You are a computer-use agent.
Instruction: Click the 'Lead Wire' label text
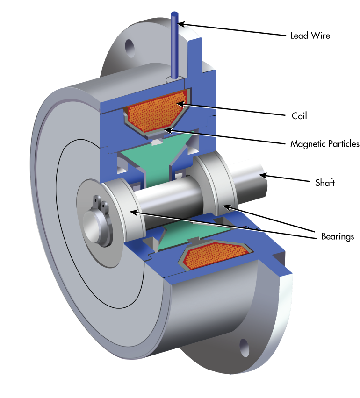[310, 36]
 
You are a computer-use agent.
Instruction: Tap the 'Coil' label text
[299, 116]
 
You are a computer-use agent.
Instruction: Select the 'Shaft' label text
[324, 183]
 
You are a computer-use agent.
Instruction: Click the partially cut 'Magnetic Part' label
[317, 144]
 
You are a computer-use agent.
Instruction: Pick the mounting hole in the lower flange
[245, 348]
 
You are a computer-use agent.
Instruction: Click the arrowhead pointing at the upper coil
[180, 103]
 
